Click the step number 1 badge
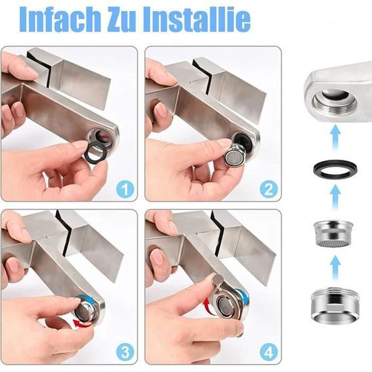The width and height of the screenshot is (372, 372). (125, 189)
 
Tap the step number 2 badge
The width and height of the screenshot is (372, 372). (269, 189)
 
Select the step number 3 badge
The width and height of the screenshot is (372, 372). (125, 352)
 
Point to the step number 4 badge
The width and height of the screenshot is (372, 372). (269, 352)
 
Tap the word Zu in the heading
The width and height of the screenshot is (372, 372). (122, 19)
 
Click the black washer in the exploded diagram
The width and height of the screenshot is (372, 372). (335, 169)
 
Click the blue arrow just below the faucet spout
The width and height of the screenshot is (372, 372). (335, 137)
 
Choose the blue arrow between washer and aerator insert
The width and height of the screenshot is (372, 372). (335, 198)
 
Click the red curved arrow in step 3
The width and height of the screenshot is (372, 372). (80, 323)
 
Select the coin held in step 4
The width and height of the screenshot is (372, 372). (218, 280)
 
